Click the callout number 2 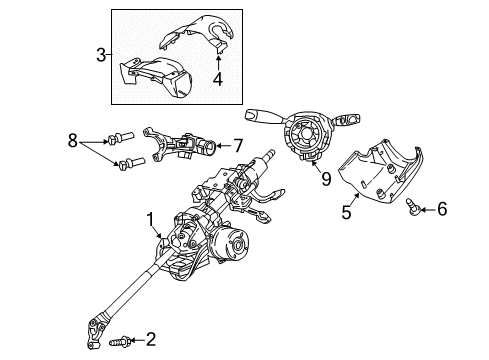point(150,339)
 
